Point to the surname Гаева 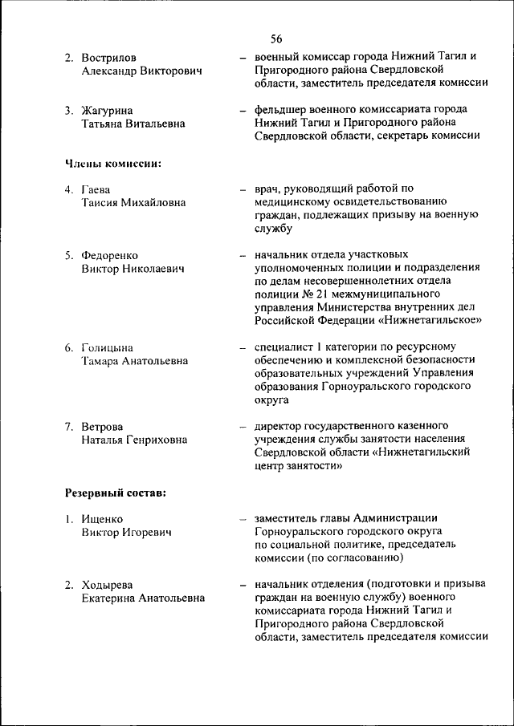(x=96, y=189)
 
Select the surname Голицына (x=108, y=347)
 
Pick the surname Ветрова (x=102, y=426)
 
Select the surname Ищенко (x=104, y=518)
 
